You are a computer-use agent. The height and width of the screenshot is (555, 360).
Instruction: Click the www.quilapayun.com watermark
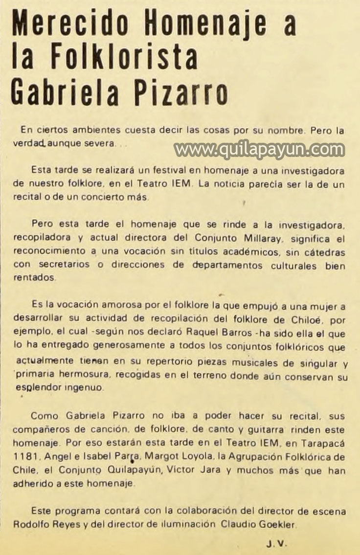point(259,149)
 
